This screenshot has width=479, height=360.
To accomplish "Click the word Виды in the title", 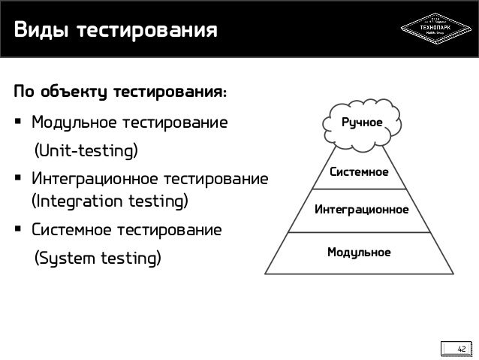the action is (38, 32).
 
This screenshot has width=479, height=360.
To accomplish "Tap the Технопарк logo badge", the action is (435, 29).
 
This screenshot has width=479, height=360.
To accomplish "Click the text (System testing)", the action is (95, 259).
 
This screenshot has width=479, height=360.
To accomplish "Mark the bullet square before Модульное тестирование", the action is (17, 123).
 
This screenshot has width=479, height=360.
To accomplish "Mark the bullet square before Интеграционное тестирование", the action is (17, 181).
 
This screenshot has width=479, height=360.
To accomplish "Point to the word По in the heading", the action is (23, 93).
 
